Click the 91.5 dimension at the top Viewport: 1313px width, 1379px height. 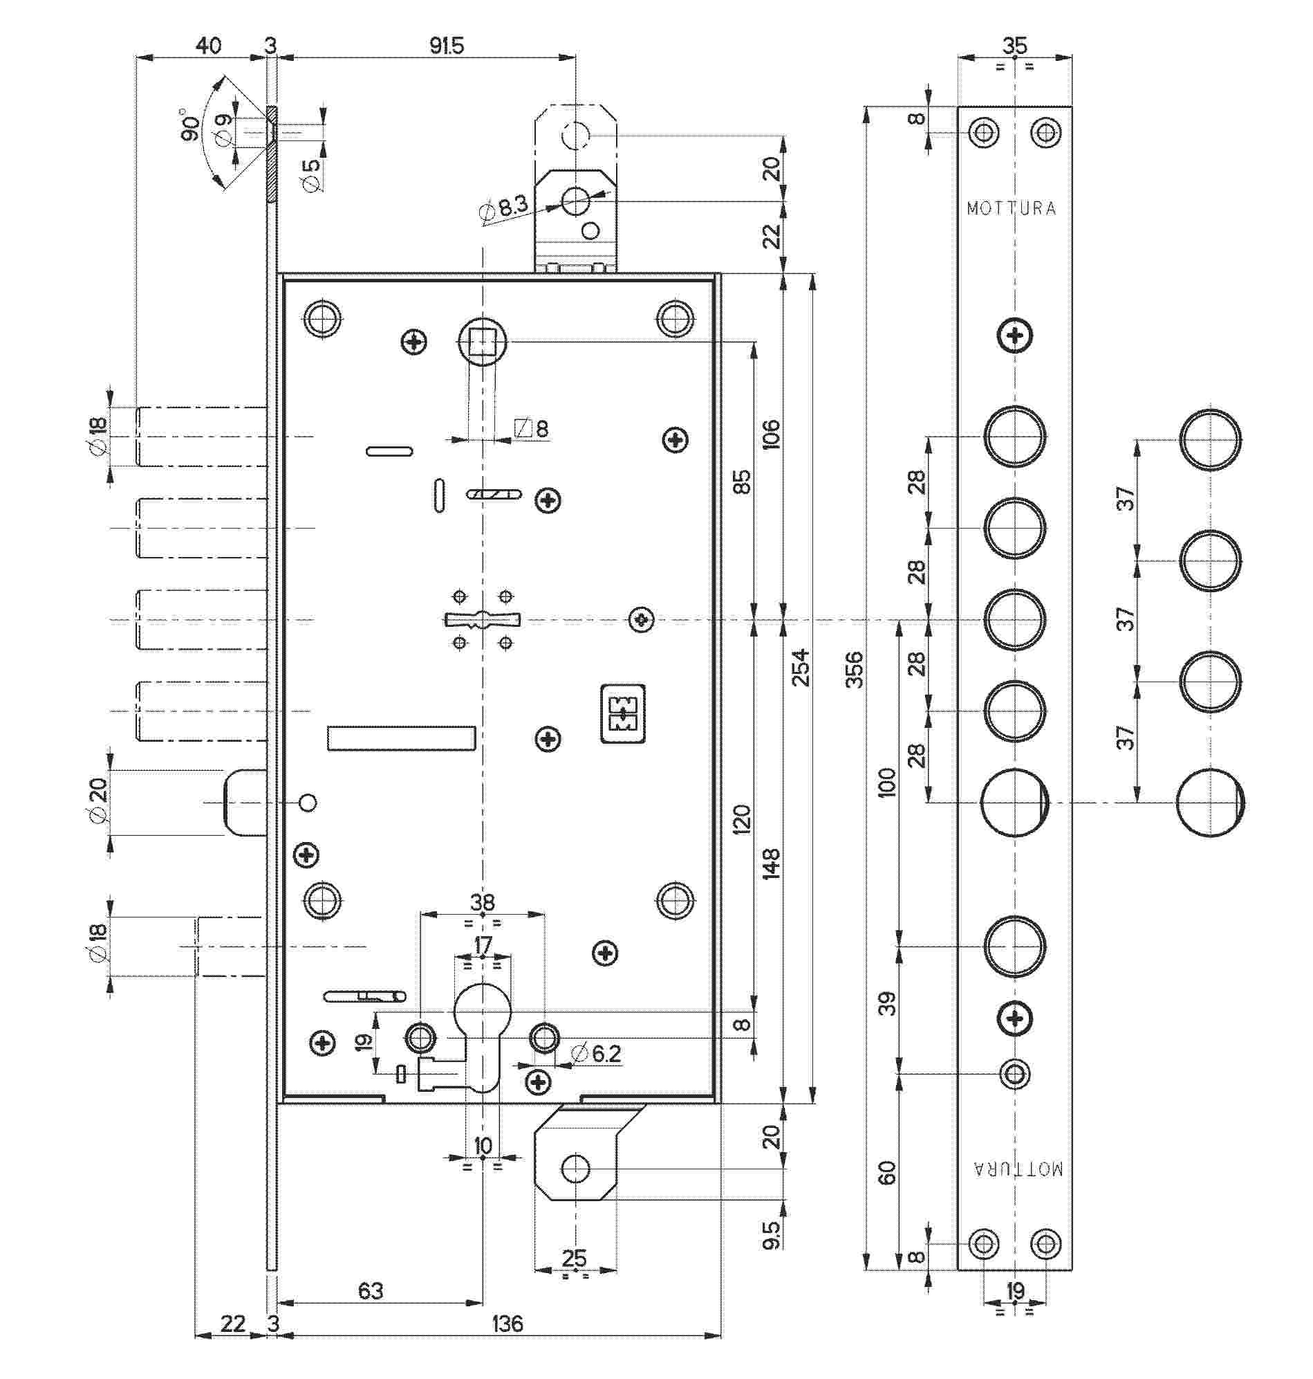click(x=447, y=46)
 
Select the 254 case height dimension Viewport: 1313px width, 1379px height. click(x=801, y=667)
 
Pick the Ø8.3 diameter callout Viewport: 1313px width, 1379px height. click(x=504, y=208)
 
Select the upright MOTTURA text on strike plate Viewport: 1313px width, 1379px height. click(x=1012, y=208)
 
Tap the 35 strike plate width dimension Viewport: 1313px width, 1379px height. click(x=1014, y=46)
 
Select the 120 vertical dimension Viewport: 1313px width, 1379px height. click(x=741, y=819)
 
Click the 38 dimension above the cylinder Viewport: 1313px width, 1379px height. click(x=482, y=902)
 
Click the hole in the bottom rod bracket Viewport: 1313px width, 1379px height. click(x=575, y=1168)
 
